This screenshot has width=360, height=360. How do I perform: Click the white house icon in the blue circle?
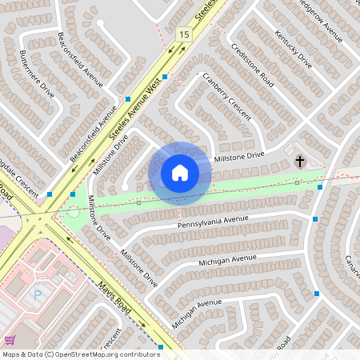tap(180, 173)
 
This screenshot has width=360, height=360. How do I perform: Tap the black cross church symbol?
tap(300, 162)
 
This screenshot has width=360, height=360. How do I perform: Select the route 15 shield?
tap(185, 34)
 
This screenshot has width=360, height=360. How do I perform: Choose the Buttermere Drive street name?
tap(37, 75)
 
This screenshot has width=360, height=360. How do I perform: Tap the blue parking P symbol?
tap(38, 294)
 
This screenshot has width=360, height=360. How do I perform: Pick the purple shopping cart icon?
tap(10, 340)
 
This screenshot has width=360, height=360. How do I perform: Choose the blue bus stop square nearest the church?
tap(320, 186)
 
